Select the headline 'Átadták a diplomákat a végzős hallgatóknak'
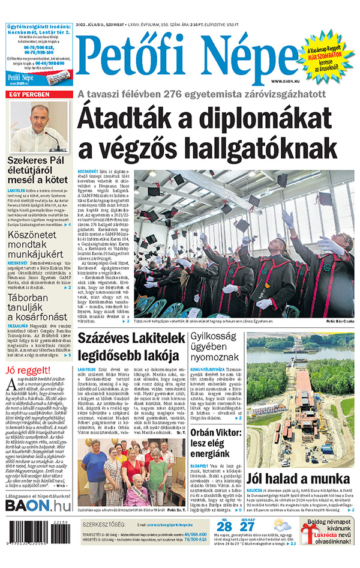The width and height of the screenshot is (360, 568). pyautogui.click(x=215, y=132)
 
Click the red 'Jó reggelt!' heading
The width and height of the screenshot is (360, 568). pyautogui.click(x=28, y=369)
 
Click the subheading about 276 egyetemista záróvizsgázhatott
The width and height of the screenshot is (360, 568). pyautogui.click(x=202, y=94)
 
